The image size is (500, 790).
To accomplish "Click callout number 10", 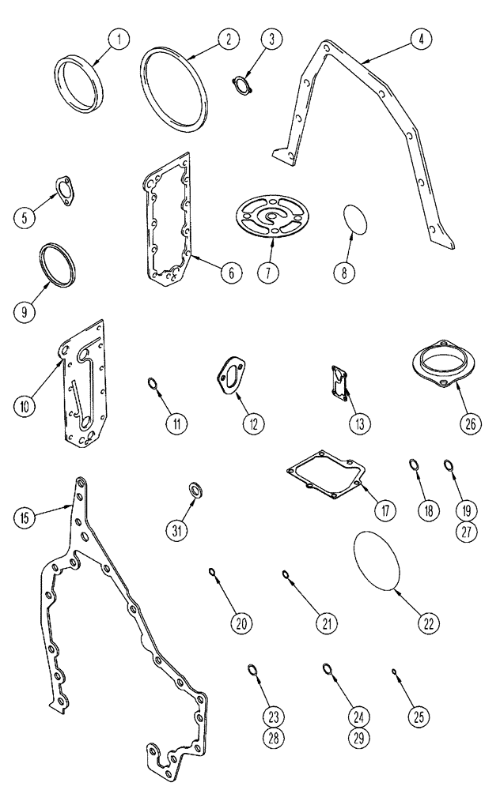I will (25, 405).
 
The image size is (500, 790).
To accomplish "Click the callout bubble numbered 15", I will (25, 517).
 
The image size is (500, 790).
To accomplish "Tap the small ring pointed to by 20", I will (213, 573).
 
